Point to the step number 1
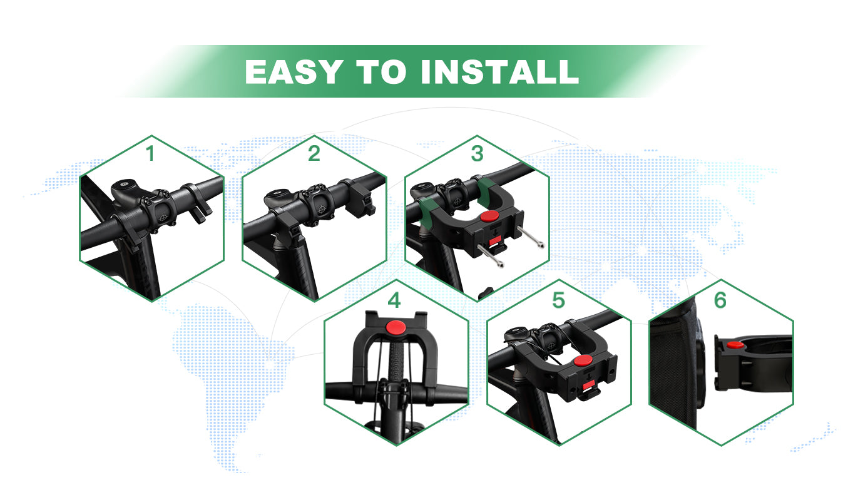[150, 154]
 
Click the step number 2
[314, 154]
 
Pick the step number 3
[477, 154]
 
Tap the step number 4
[394, 300]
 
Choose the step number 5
[558, 300]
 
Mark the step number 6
[720, 300]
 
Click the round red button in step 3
[489, 216]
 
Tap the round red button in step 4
[396, 327]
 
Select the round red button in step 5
[583, 360]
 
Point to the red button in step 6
[735, 345]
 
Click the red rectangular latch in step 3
[494, 240]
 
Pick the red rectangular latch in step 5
[588, 386]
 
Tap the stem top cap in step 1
[124, 184]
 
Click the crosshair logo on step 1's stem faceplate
[164, 218]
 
